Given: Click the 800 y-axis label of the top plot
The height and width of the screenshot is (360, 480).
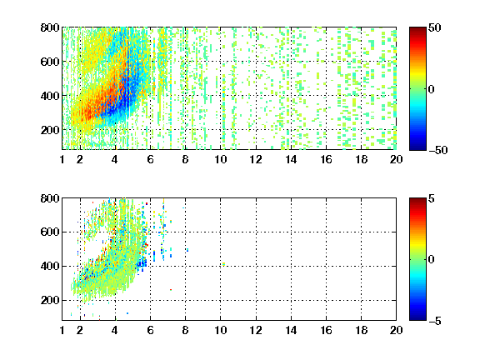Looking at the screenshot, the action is coord(50,27).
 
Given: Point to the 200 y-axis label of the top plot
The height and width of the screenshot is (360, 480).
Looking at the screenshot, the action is coord(50,130).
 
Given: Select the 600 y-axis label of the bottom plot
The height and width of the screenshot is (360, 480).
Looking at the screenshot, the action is coord(50,232).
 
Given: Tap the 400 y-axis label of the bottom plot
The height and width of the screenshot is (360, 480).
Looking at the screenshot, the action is coord(50,266).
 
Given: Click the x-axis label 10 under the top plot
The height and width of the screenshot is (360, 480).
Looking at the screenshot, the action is coord(220,159).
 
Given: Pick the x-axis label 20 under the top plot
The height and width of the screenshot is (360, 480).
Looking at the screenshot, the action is coord(396,159).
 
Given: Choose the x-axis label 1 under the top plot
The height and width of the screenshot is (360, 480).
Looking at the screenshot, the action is coord(62,159).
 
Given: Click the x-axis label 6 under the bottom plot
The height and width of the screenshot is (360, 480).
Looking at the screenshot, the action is coord(150,330).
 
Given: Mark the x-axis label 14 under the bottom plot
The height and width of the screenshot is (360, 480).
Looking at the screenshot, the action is coord(291,330).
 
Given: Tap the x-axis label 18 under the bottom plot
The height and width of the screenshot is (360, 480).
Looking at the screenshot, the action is coord(361,330).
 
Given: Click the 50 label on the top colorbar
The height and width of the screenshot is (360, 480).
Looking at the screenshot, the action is coord(435,27).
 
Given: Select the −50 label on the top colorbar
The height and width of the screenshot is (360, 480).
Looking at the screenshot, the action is coord(438,150).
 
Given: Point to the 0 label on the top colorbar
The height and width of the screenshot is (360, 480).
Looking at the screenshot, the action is coord(432,89).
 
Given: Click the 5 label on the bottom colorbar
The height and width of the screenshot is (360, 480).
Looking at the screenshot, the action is coord(432,198).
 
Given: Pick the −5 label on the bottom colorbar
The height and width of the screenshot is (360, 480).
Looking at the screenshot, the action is coord(435,321).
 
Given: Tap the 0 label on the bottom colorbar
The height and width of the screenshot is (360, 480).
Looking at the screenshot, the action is coord(432,260).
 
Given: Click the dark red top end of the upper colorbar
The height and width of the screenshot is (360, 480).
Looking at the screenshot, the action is coord(417,29).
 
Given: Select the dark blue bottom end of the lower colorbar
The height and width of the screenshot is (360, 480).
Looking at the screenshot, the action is coord(417,318).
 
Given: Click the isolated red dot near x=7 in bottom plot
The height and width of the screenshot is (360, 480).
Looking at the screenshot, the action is coord(171,290).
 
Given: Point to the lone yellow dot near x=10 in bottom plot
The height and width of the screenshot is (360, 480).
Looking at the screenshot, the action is coord(224,264).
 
